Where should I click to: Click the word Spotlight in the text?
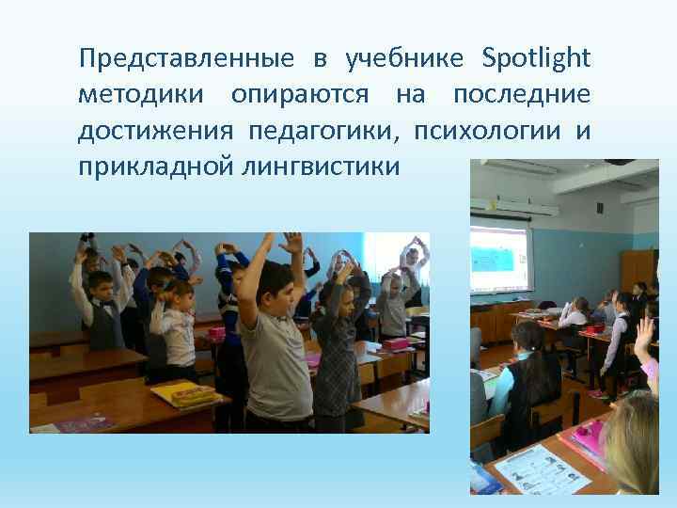(x=536, y=58)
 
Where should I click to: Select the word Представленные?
(x=186, y=60)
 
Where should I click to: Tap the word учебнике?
(x=404, y=58)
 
